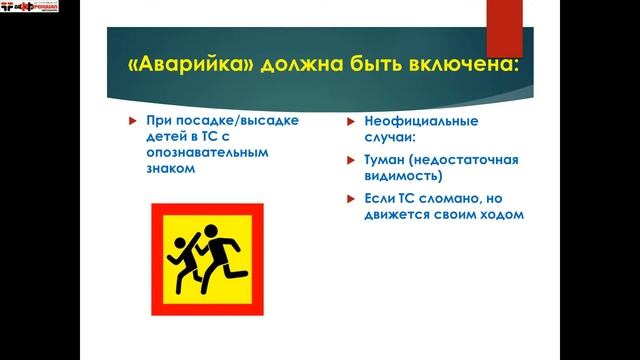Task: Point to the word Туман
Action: (385, 160)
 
